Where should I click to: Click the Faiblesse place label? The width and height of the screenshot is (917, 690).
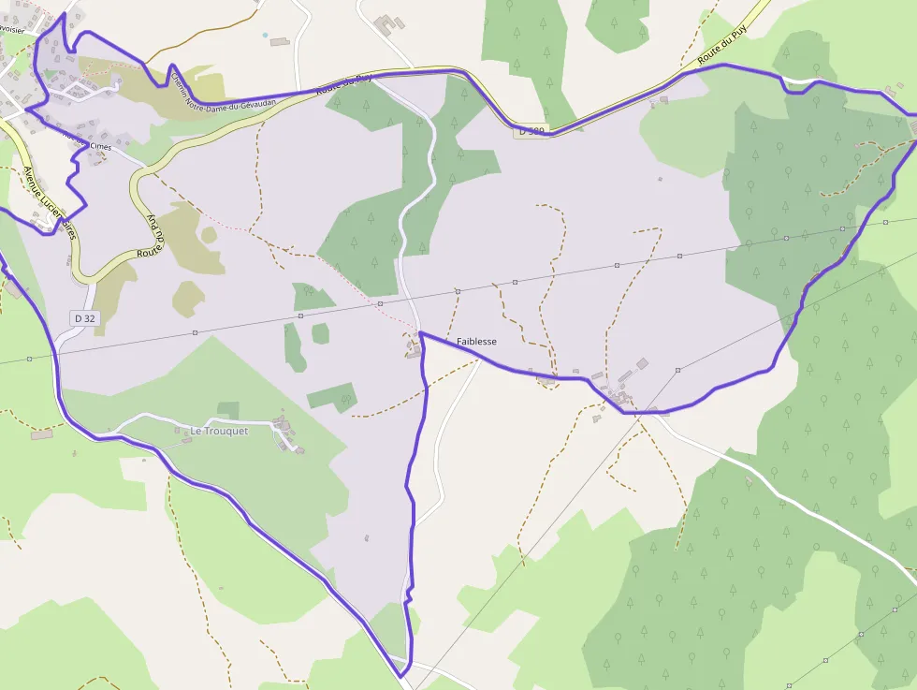tap(476, 342)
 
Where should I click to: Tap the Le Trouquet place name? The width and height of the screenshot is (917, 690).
tap(219, 431)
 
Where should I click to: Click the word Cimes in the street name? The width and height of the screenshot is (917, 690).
tap(100, 147)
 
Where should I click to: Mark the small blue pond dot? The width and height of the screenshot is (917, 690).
tap(265, 35)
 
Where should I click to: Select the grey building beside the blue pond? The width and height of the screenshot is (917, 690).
tap(279, 41)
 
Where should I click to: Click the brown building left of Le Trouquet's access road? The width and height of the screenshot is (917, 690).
tap(42, 434)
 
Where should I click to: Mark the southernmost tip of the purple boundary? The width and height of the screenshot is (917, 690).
tap(400, 675)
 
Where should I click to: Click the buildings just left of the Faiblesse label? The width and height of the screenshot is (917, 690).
tap(413, 349)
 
